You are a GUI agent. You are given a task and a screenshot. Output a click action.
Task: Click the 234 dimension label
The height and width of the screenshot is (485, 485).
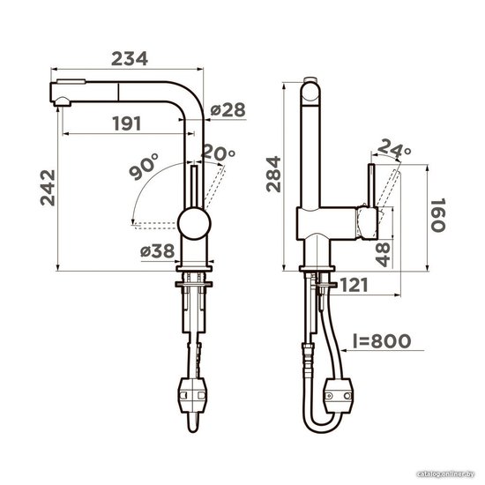click(130, 59)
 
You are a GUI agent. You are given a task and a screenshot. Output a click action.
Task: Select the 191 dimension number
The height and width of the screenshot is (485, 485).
click(127, 123)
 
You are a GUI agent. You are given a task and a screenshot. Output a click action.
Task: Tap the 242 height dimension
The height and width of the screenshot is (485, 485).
click(48, 188)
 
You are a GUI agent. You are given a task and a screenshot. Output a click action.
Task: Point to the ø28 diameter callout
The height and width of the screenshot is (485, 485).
click(228, 110)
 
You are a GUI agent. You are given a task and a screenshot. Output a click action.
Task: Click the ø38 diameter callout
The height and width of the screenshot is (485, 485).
click(158, 251)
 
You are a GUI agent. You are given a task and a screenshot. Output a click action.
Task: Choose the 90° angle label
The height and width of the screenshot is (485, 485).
click(144, 167)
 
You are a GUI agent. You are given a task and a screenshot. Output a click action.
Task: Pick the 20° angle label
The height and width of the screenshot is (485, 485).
click(219, 153)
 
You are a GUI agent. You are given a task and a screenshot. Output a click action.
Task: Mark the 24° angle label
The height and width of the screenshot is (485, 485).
click(394, 149)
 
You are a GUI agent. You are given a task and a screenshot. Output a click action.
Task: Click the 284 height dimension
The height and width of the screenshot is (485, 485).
click(273, 175)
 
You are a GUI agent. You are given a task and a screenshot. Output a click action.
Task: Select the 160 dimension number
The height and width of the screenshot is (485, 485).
click(438, 215)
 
